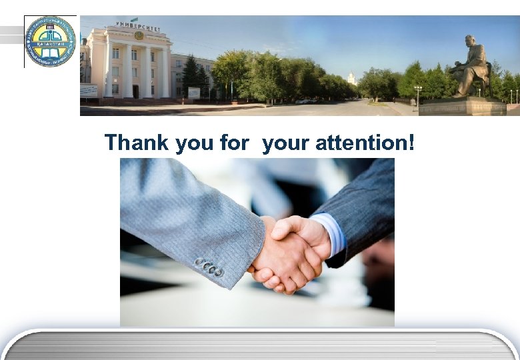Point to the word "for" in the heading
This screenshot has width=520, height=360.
coord(234,143)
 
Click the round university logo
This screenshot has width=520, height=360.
coord(50,41)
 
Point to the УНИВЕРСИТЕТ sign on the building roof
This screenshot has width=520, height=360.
coord(138,25)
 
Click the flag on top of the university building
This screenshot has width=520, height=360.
coord(134,19)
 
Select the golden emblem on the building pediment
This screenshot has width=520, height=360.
coord(139,35)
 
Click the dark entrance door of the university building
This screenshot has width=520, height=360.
coord(135,91)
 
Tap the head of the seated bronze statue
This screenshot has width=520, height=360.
coord(469,41)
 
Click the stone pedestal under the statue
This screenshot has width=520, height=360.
coord(462,106)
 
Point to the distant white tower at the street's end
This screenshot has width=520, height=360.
coord(351,79)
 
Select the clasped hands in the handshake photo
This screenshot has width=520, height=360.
coord(290,253)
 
